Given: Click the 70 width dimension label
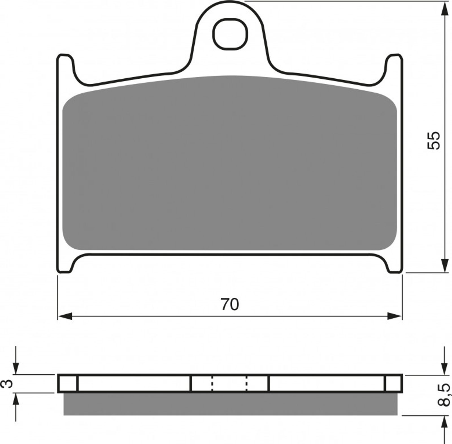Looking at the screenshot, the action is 230,304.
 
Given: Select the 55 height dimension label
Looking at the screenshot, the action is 434,140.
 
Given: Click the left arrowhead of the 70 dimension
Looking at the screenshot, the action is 65,316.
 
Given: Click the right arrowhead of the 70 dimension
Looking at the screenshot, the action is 394,316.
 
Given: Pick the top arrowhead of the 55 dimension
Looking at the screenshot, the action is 445,8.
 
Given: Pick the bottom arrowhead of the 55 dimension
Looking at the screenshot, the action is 445,265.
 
